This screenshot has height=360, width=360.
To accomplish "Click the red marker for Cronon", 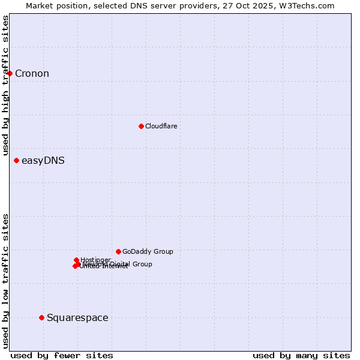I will point(10,73).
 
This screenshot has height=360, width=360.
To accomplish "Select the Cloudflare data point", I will point(141,126).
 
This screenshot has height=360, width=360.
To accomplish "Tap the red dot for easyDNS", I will point(16,160).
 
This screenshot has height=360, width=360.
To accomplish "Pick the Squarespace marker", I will point(41,317).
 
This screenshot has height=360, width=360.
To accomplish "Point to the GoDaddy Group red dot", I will point(118,251).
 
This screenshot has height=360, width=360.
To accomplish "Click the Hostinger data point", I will point(76,260).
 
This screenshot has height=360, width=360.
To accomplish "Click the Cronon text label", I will point(32,74).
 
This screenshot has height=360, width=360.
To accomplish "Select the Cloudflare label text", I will point(161,126).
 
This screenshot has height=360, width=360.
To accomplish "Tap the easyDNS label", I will point(43,161).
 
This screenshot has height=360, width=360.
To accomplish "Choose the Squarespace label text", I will point(77,318).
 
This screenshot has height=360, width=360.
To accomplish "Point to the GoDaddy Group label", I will point(147,252).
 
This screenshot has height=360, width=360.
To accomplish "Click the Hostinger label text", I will point(95,260).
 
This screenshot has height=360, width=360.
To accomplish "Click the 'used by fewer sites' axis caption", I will point(62,355).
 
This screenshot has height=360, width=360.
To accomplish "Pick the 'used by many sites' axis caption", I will point(301,355).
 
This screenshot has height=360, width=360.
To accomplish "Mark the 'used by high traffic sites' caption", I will point(5,85).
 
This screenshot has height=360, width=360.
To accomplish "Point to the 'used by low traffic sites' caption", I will point(5,280).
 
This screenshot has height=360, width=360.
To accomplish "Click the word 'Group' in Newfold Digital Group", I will point(142,264).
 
